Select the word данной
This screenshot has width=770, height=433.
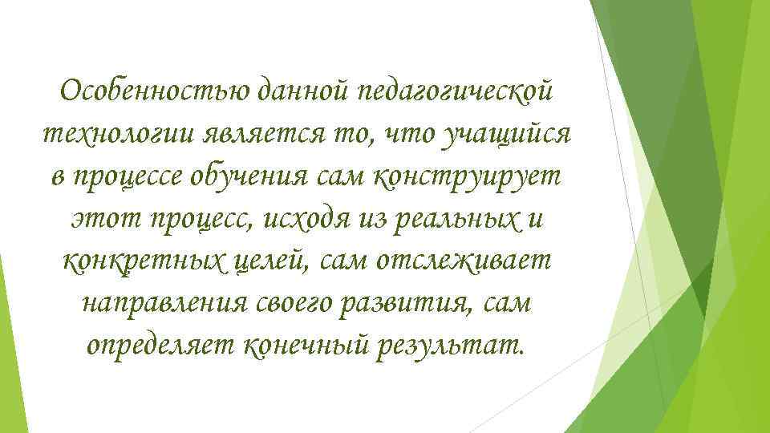tap(302, 91)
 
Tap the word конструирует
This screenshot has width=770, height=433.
tap(465, 176)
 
